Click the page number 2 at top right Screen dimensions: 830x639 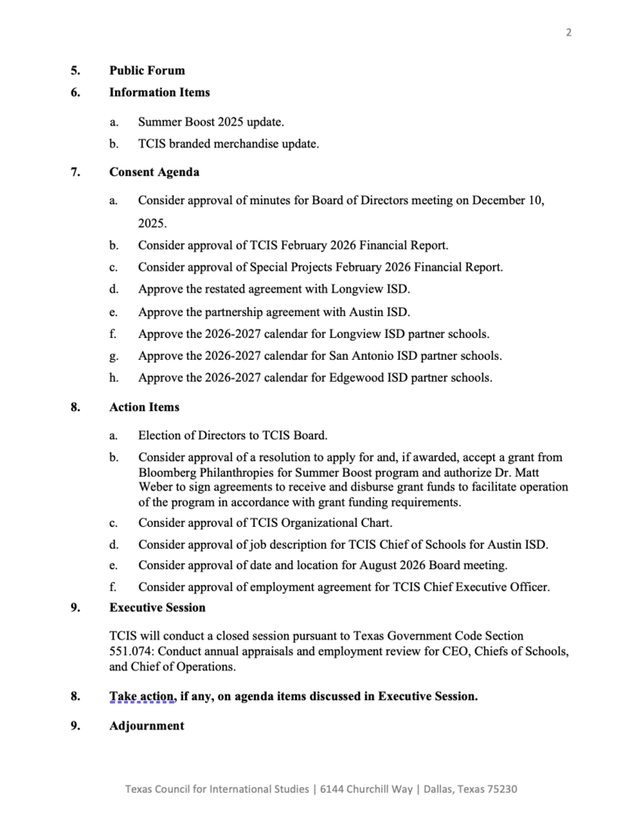pos(568,32)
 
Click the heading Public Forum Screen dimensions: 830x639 pos(147,71)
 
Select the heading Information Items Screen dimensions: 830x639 pos(159,92)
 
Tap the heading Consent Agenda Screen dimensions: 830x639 pos(154,172)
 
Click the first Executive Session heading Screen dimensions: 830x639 pos(157,607)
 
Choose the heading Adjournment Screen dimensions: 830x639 pos(146,725)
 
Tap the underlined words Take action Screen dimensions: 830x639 pos(142,695)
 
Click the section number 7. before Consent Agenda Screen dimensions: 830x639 pos(75,172)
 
